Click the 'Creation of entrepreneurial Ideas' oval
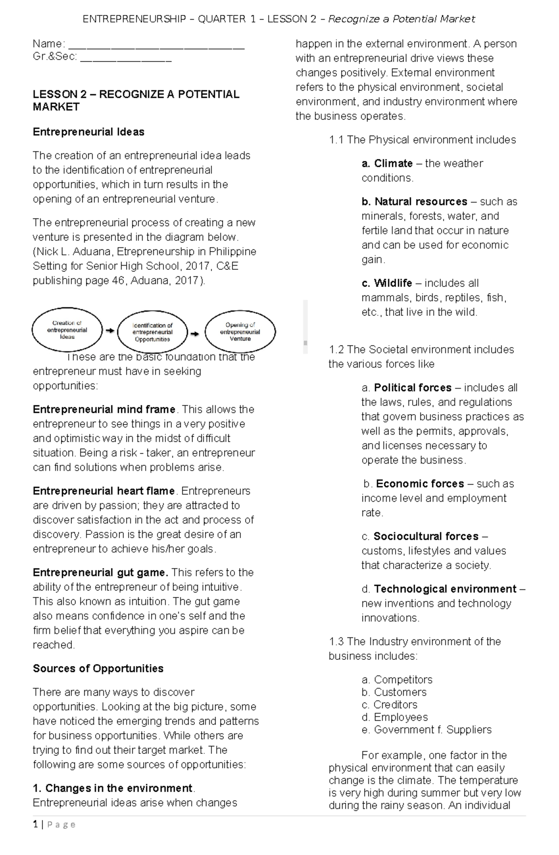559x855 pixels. [67, 330]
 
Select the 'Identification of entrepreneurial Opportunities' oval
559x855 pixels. [152, 332]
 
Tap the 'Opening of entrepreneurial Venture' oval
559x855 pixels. [240, 331]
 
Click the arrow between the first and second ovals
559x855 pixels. [109, 330]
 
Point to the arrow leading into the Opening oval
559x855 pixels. [195, 334]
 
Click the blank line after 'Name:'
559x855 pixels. [156, 45]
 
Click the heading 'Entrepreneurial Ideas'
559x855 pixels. [89, 132]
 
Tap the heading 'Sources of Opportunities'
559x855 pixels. [98, 668]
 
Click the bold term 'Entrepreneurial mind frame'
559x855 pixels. [104, 409]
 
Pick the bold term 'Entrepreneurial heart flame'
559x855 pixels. [103, 491]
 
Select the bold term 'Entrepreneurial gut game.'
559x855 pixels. [100, 572]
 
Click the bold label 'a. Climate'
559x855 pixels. [387, 163]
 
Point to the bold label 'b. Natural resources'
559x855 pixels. [414, 201]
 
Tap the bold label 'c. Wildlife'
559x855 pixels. [387, 283]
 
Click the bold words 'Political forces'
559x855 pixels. [413, 387]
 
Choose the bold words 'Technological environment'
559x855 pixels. [445, 588]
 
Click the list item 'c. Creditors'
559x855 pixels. [389, 704]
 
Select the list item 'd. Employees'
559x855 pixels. [395, 717]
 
